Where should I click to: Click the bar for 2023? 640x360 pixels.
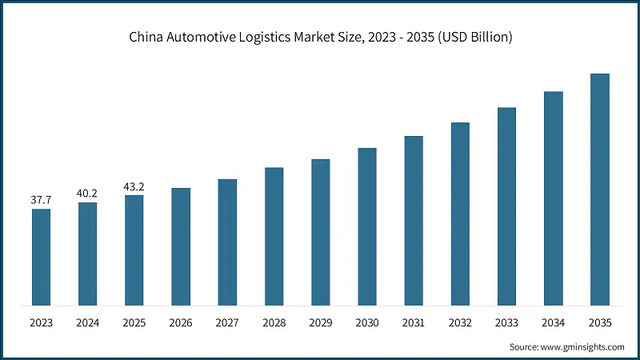[x=41, y=257]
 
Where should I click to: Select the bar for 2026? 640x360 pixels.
[x=181, y=246]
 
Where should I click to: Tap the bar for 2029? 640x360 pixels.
[x=321, y=232]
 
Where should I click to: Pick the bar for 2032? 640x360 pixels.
[x=460, y=214]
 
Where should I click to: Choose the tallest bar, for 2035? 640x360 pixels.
[x=600, y=190]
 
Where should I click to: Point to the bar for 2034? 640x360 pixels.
[x=554, y=198]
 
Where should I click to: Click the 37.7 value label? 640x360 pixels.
[x=41, y=199]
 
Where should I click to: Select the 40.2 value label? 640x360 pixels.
[x=87, y=193]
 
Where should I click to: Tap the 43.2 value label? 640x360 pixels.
[x=134, y=186]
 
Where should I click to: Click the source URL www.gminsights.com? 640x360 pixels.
[x=581, y=346]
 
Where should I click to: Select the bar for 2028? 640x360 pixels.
[x=274, y=236]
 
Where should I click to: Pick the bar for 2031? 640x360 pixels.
[x=414, y=221]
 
